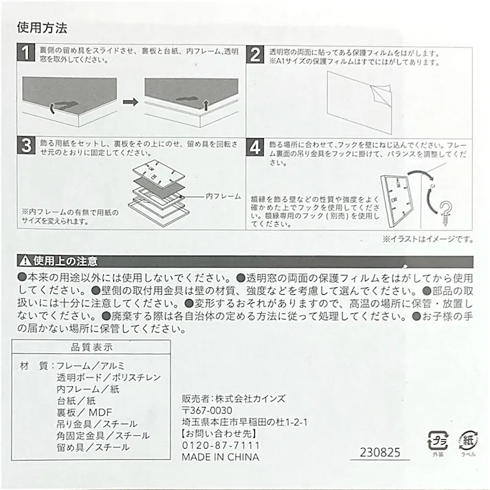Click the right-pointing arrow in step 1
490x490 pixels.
[129, 101]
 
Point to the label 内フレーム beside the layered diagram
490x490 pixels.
[223, 196]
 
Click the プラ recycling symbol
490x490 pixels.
[438, 439]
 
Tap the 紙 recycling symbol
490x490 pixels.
[467, 439]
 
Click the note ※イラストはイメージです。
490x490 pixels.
[427, 239]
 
